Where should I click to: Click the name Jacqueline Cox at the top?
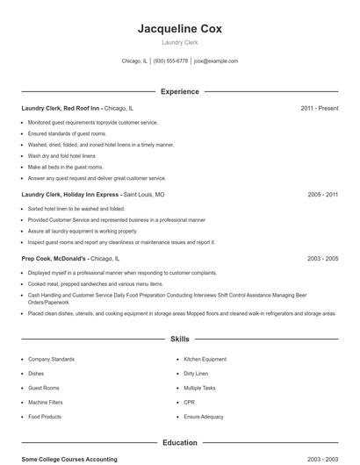180,29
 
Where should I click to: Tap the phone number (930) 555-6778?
171,61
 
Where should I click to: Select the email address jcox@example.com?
216,61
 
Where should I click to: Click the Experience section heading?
180,91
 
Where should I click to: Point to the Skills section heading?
180,339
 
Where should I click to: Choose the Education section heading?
180,443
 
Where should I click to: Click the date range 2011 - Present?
319,108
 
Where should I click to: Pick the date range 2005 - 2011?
323,194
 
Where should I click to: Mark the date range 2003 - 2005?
323,259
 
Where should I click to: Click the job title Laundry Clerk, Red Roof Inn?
61,108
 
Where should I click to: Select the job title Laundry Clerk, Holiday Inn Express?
71,194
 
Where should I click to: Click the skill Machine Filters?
45,402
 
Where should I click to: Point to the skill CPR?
189,402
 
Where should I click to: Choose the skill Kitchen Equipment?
205,359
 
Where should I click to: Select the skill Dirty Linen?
196,373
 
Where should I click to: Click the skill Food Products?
45,416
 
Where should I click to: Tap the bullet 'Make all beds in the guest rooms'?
66,167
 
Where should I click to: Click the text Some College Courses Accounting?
69,459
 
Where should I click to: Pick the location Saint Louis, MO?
144,194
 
